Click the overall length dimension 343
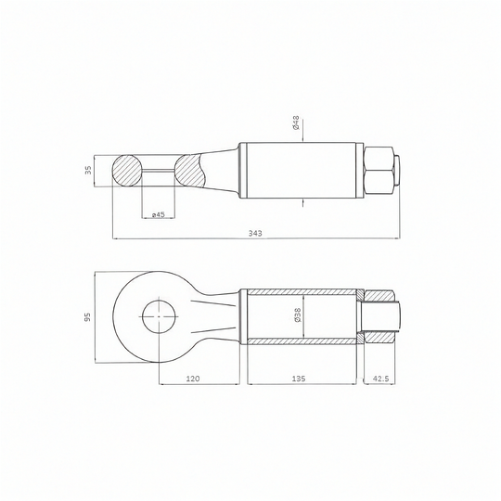[x=255, y=233]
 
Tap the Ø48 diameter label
[x=296, y=122]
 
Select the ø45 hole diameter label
[x=158, y=214]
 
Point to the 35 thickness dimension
[x=89, y=170]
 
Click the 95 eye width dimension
[x=88, y=316]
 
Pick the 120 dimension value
[x=193, y=379]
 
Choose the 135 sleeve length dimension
[x=299, y=379]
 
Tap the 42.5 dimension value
[x=380, y=379]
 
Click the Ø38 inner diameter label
[x=297, y=315]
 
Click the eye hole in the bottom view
[x=160, y=316]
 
